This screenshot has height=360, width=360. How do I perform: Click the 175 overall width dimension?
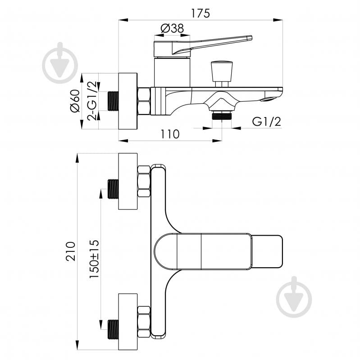click(x=201, y=14)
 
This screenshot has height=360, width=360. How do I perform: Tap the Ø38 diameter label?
click(x=172, y=28)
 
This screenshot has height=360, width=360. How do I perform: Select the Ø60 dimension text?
click(x=75, y=101)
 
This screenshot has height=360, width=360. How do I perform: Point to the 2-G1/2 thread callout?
click(x=92, y=101)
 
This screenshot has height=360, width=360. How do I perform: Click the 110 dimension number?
click(x=170, y=134)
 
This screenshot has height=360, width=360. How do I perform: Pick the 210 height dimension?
click(x=71, y=251)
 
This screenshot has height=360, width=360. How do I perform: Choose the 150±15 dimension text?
click(x=94, y=259)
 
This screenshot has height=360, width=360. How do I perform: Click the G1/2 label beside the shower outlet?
click(x=266, y=122)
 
